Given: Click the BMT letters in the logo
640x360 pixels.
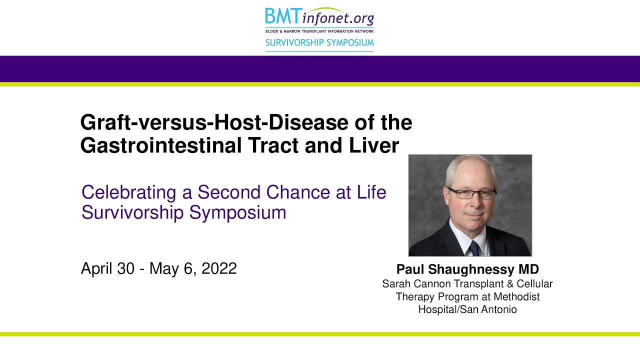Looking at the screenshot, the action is [283, 16].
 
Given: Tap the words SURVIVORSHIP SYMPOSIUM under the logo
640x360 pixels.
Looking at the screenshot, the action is [319, 42].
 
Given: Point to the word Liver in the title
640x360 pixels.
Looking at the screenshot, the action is [373, 145].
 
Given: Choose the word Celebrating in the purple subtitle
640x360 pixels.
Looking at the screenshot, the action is [129, 192].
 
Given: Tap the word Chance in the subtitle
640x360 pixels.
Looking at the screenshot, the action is [298, 192].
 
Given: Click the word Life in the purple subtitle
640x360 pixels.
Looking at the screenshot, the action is [371, 192].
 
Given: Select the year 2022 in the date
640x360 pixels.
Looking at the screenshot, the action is [219, 268].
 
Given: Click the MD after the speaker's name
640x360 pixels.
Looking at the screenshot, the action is [529, 269].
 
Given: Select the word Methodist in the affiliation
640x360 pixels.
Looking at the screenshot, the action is [516, 296].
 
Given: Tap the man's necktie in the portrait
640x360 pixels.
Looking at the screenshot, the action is [474, 248].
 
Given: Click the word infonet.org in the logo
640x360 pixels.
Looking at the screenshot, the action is [338, 18].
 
